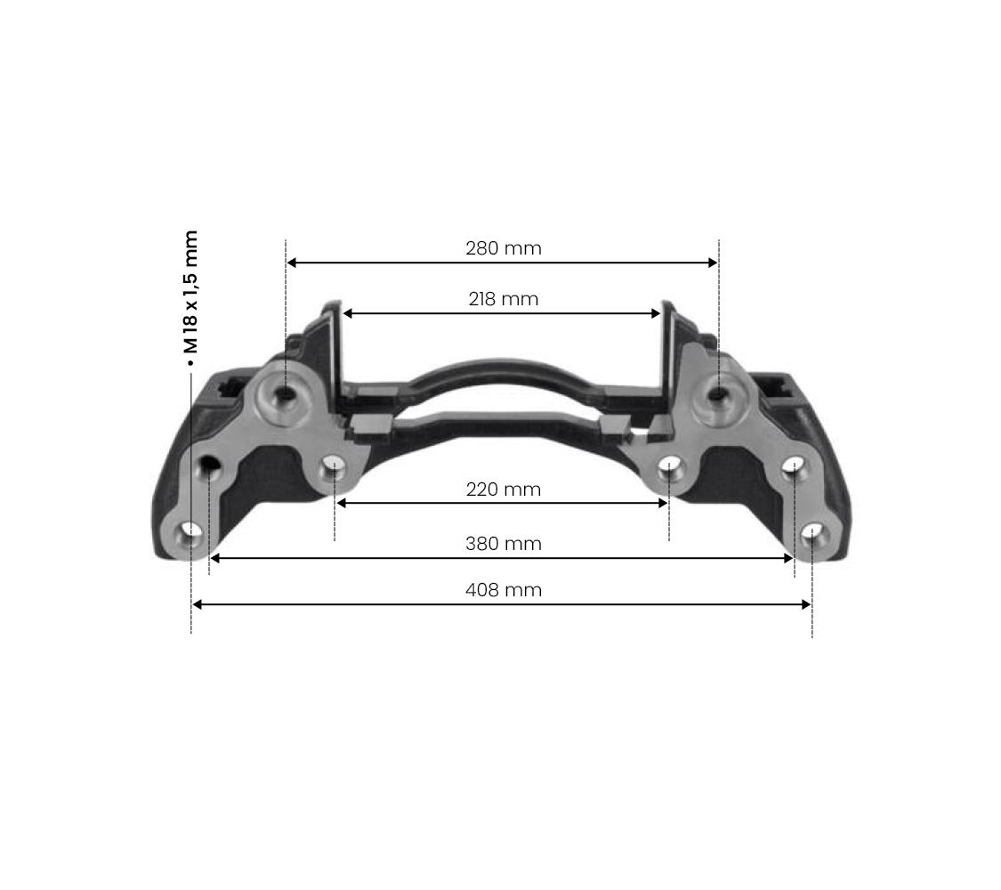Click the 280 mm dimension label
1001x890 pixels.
(x=503, y=247)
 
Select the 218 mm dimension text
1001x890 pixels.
(x=503, y=299)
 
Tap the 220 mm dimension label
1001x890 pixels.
(x=503, y=489)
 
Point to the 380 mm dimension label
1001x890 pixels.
(x=503, y=543)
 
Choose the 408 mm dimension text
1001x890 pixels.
(x=503, y=589)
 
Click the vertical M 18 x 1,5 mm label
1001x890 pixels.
(x=190, y=292)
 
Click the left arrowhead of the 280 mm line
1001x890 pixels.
(x=291, y=263)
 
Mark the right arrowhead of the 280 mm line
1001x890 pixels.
(x=713, y=263)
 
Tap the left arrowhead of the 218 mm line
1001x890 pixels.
(x=348, y=313)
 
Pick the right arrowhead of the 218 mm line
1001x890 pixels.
(x=656, y=313)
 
